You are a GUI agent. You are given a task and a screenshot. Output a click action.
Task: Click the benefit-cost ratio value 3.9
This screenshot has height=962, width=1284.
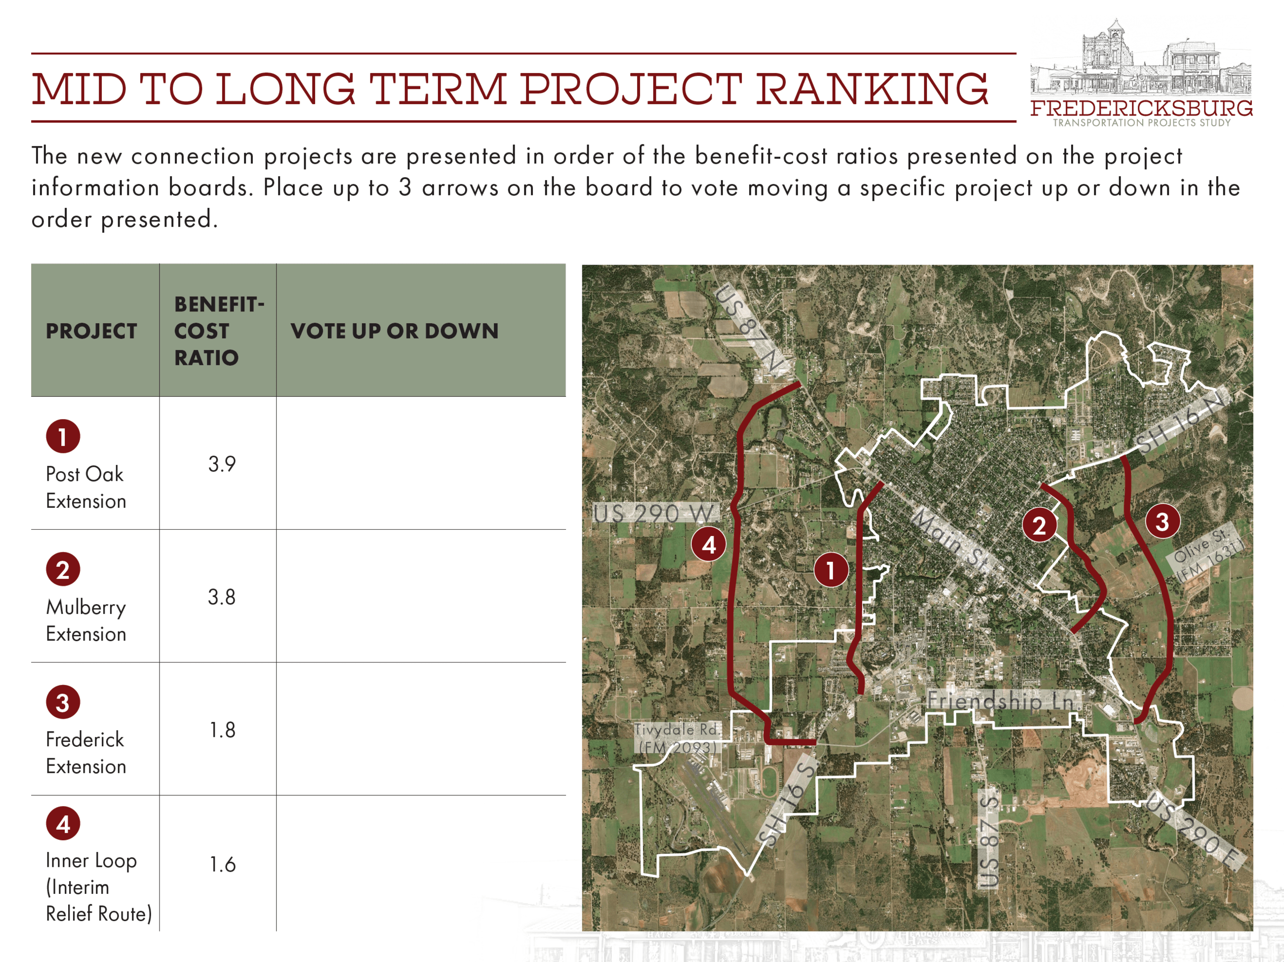pyautogui.click(x=222, y=463)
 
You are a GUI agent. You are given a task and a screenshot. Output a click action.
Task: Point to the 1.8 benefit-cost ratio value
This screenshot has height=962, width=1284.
pyautogui.click(x=222, y=730)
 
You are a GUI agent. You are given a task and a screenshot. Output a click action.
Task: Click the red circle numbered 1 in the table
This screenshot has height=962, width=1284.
pyautogui.click(x=63, y=436)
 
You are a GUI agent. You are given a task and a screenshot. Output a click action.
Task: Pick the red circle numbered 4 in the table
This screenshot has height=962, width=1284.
pyautogui.click(x=63, y=823)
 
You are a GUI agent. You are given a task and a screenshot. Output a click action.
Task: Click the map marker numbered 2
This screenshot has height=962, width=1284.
pyautogui.click(x=1039, y=525)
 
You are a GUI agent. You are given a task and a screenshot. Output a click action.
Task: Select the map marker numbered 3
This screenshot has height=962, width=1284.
pyautogui.click(x=1162, y=521)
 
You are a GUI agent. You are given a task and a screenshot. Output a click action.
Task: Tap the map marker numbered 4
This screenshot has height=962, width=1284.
pyautogui.click(x=709, y=544)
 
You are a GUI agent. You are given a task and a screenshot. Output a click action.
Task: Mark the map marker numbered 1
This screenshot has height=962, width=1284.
pyautogui.click(x=831, y=570)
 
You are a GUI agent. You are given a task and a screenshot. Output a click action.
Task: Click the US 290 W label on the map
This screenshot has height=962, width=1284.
pyautogui.click(x=654, y=513)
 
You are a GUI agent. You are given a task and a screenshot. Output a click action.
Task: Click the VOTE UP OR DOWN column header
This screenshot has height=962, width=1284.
pyautogui.click(x=395, y=331)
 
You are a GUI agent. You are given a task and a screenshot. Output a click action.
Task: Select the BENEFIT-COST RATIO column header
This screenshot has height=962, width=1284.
pyautogui.click(x=219, y=331)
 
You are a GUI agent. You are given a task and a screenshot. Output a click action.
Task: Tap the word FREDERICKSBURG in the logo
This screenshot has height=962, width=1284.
pyautogui.click(x=1141, y=108)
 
